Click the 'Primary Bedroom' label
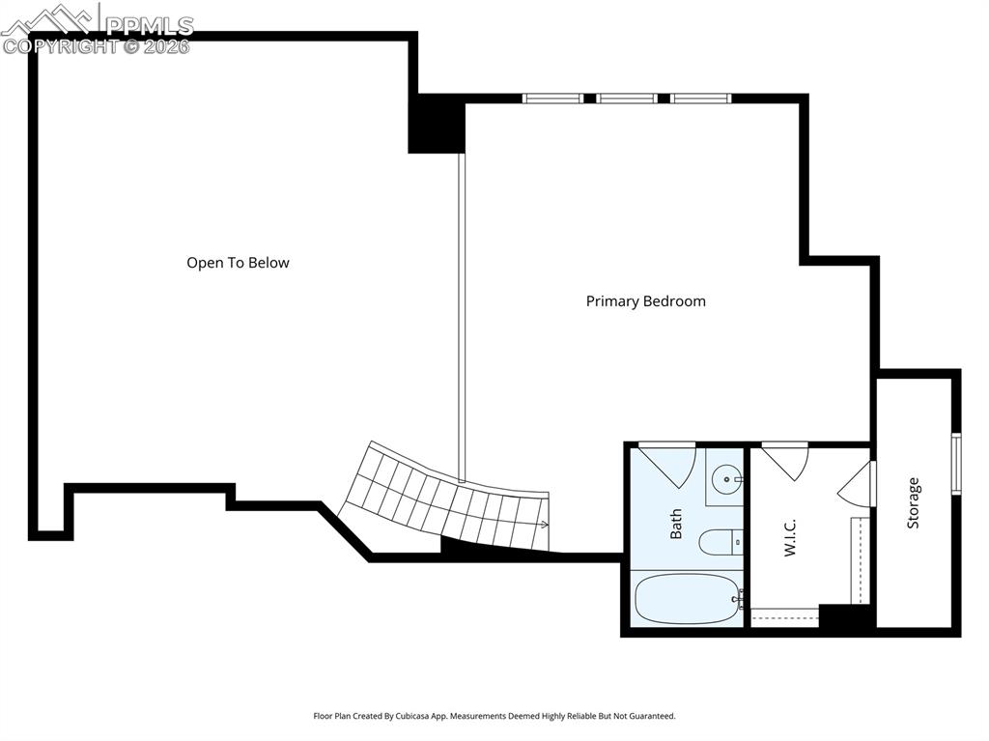tap(645, 301)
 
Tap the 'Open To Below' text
tap(238, 263)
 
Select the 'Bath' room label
tap(676, 524)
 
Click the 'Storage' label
tap(913, 502)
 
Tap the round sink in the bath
tap(724, 477)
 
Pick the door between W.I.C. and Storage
tap(859, 484)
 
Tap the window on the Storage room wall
tap(955, 464)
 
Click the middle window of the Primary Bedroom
tap(627, 99)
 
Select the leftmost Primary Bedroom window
tap(552, 99)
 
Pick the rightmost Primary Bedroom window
tap(701, 99)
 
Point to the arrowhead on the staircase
tap(546, 526)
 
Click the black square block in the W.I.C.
tap(845, 615)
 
